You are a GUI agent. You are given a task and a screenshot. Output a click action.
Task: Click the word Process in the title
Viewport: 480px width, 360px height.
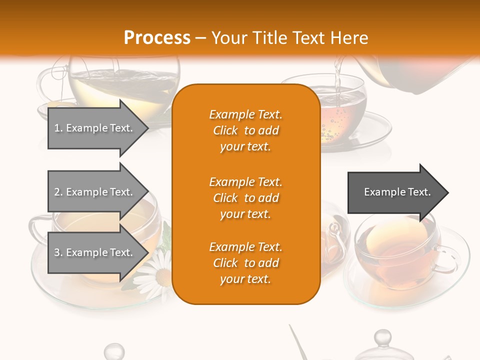pos(157,38)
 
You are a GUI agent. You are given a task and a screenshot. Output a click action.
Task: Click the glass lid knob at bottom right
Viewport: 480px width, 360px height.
pos(383,337)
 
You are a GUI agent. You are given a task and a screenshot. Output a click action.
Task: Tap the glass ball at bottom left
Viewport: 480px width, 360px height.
pos(114,351)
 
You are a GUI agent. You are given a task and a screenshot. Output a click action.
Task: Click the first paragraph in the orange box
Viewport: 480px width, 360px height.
pos(245,130)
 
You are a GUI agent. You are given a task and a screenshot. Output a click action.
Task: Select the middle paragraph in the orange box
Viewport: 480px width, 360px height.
pos(245,198)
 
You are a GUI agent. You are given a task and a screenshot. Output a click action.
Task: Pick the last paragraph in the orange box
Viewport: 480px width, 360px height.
pos(245,263)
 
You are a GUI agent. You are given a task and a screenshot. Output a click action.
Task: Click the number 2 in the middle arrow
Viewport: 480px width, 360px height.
pos(57,192)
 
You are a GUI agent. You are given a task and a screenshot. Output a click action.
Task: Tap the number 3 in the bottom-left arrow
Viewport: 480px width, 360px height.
pos(57,252)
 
